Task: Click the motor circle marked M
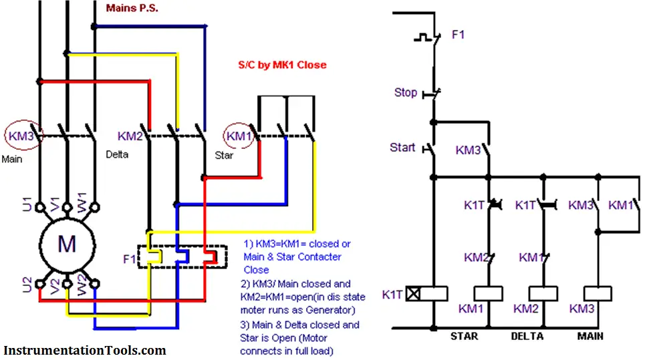[x=66, y=244]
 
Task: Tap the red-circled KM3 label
[x=24, y=136]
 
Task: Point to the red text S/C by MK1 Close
[x=282, y=65]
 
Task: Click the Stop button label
[x=406, y=93]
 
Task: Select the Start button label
[x=402, y=148]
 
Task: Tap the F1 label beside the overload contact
[x=458, y=35]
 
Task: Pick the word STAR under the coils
[x=465, y=336]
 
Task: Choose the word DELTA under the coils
[x=527, y=336]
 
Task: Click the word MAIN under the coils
[x=591, y=336]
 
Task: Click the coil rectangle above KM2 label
[x=543, y=293]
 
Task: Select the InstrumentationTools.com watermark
[x=85, y=350]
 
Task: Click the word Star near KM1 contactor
[x=224, y=155]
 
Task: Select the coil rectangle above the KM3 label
[x=598, y=293]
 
